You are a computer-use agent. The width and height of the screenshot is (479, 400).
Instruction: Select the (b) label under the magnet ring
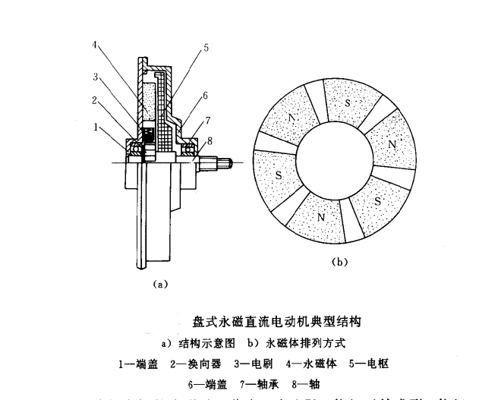(x=340, y=262)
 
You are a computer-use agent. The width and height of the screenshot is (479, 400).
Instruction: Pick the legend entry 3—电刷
(x=254, y=364)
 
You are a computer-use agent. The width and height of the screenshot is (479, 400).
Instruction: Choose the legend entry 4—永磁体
(x=310, y=364)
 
